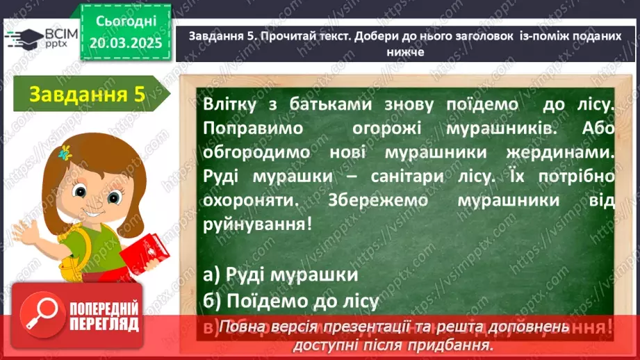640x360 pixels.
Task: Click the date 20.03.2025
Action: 125,42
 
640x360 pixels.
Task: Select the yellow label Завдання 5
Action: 86,95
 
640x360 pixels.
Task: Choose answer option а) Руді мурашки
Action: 281,274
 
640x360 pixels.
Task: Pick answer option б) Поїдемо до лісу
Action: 292,301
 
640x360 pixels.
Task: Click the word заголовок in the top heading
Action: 478,38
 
